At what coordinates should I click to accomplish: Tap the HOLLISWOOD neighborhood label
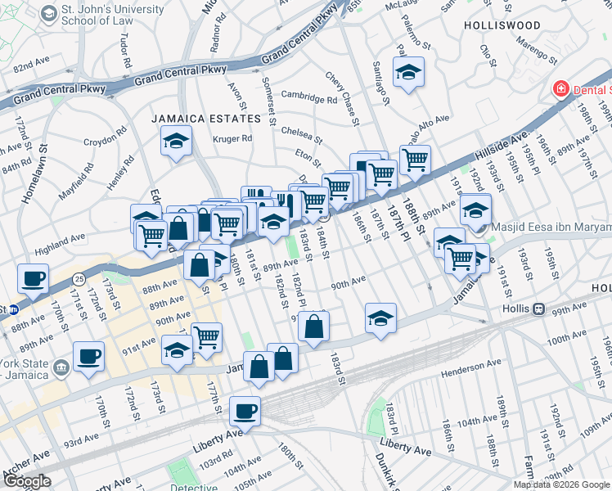tap(502, 25)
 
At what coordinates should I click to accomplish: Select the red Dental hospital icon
tap(561, 88)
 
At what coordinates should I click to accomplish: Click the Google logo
tap(27, 481)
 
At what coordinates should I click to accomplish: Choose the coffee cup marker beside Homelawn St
tap(34, 278)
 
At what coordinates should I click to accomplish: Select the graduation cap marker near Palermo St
tap(408, 72)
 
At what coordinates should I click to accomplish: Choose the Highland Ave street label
tap(61, 238)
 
